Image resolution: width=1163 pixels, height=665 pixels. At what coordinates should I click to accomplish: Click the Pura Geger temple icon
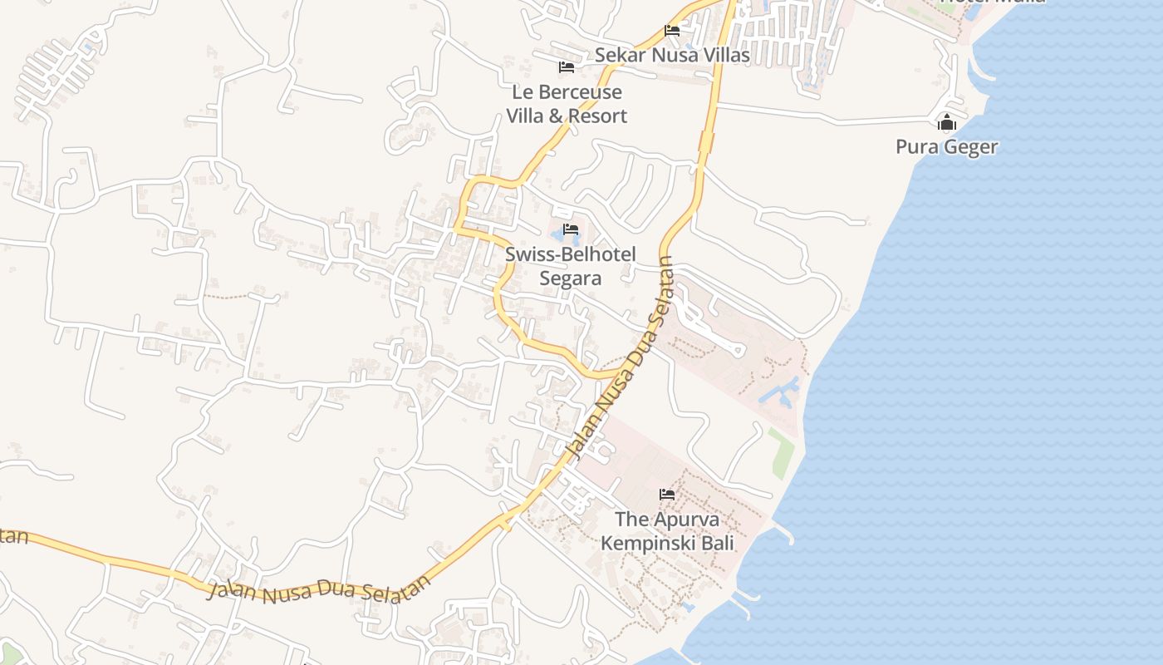click(x=946, y=124)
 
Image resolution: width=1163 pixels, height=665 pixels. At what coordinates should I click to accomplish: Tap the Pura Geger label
click(x=946, y=147)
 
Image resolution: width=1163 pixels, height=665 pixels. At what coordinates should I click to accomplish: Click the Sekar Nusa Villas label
click(x=672, y=55)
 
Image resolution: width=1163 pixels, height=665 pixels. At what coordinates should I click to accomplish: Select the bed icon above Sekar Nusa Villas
click(x=672, y=31)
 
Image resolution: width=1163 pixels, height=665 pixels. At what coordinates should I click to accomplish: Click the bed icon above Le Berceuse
click(x=567, y=67)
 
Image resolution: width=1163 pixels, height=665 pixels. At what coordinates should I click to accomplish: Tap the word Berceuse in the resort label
click(x=578, y=92)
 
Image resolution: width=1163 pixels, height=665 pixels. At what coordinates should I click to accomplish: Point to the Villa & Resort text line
click(x=567, y=116)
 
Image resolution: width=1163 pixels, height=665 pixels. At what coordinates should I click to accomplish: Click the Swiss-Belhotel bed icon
click(x=570, y=229)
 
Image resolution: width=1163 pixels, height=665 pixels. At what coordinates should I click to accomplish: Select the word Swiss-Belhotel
click(x=570, y=254)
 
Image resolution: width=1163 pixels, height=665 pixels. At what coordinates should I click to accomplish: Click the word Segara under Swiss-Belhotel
click(x=570, y=278)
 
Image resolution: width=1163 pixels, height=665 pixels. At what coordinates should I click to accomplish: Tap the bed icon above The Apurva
click(x=667, y=495)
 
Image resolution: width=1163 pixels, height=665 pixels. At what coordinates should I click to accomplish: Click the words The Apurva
click(x=667, y=520)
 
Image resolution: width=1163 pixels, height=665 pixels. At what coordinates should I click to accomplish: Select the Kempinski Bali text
click(x=667, y=544)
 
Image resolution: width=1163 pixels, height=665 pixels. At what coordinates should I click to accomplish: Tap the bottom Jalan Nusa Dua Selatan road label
click(x=320, y=592)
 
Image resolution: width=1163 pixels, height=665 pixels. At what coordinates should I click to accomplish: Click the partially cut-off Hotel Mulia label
click(x=993, y=2)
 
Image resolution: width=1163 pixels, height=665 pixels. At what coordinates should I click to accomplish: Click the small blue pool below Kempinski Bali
click(x=687, y=607)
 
